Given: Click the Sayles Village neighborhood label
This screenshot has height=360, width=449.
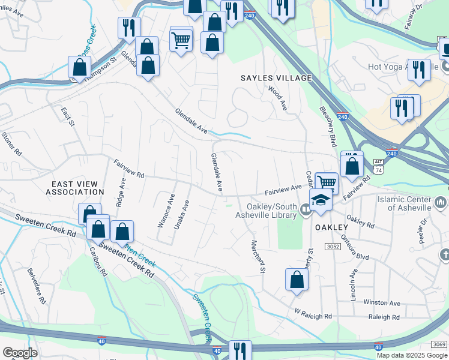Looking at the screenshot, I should click(276, 78).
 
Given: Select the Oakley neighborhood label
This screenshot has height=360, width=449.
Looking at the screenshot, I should click(330, 227).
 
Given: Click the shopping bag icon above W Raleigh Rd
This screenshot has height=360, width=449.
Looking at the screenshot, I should click(297, 279).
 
